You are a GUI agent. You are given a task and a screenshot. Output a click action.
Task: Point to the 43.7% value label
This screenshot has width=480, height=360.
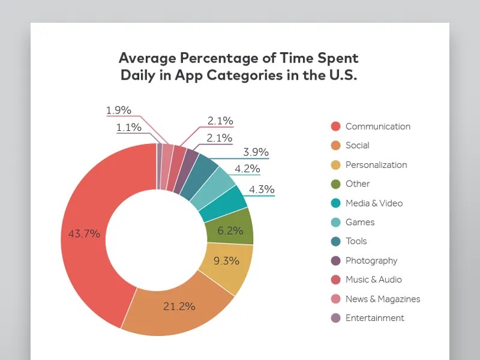click(84, 234)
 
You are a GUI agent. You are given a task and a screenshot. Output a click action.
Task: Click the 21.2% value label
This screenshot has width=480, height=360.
click(179, 306)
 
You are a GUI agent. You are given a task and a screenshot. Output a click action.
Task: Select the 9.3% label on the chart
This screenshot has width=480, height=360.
click(226, 261)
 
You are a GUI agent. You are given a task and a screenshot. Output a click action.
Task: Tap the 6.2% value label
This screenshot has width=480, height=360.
click(230, 230)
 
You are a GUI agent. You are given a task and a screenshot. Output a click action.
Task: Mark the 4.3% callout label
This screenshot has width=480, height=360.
click(261, 190)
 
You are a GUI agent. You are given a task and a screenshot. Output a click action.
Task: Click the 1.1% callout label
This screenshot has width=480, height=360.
click(128, 127)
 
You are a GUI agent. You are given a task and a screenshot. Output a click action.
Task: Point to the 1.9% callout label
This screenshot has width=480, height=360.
click(118, 110)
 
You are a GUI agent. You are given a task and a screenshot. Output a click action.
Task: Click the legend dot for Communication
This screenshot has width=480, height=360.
click(336, 127)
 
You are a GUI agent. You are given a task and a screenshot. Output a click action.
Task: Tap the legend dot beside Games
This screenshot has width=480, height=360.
click(336, 222)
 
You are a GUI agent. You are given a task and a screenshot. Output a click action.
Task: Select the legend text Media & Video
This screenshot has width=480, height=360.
click(374, 203)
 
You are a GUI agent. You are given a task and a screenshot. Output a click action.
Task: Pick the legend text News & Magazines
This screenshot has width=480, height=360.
click(383, 299)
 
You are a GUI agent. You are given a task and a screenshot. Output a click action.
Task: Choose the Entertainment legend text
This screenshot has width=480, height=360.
click(375, 318)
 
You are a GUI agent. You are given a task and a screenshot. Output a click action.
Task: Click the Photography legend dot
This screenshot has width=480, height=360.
click(336, 260)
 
